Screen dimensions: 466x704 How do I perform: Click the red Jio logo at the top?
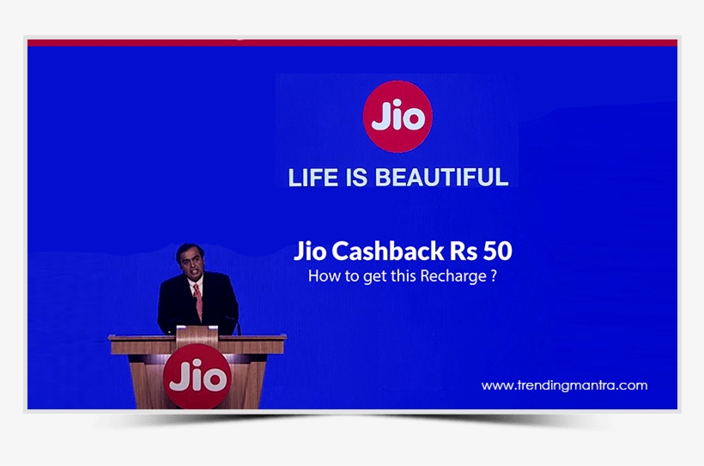click(x=398, y=116)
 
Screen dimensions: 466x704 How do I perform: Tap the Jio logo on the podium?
click(x=198, y=377)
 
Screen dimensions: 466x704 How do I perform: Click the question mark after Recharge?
click(x=494, y=276)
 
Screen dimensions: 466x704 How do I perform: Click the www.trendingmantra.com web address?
click(x=564, y=386)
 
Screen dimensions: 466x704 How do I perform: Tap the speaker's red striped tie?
click(x=197, y=302)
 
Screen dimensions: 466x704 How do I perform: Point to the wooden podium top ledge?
click(x=197, y=340)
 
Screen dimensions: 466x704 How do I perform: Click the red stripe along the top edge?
click(x=352, y=41)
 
